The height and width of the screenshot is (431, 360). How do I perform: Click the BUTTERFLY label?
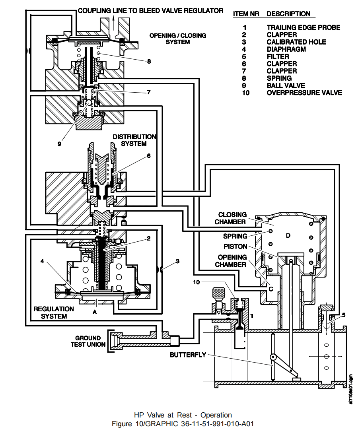[188, 355]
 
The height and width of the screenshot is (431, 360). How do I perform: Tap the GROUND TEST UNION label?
[88, 342]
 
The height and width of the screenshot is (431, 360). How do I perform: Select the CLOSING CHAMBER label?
[232, 218]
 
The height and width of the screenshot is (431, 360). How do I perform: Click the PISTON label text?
[235, 247]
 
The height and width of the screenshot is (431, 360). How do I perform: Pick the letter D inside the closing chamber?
[288, 236]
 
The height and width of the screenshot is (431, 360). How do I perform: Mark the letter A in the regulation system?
[95, 312]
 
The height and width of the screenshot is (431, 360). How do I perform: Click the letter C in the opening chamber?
[270, 289]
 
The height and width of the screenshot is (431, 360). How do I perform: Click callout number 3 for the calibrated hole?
[178, 261]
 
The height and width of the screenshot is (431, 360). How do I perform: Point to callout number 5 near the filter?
[343, 315]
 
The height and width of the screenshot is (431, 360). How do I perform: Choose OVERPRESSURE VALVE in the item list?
[304, 93]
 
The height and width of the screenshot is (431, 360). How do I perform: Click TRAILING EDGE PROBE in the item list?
[303, 27]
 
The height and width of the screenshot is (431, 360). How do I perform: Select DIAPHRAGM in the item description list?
[286, 49]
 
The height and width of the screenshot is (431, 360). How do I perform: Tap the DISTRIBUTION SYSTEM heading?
[134, 140]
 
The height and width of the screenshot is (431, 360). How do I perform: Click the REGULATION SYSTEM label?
[53, 313]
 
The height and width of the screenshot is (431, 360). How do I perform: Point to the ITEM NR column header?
[246, 14]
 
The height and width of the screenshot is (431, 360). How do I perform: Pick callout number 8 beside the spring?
[149, 61]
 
